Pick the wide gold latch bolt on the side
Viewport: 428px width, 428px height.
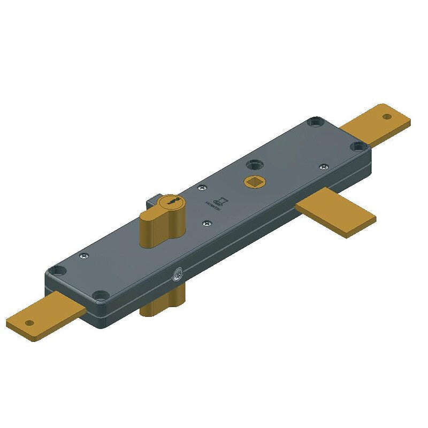click(337, 215)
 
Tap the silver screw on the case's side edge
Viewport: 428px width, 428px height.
click(177, 276)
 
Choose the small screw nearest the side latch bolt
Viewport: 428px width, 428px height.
click(323, 167)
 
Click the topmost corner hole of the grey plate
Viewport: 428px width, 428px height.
click(316, 121)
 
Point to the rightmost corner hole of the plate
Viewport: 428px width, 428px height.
click(357, 146)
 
